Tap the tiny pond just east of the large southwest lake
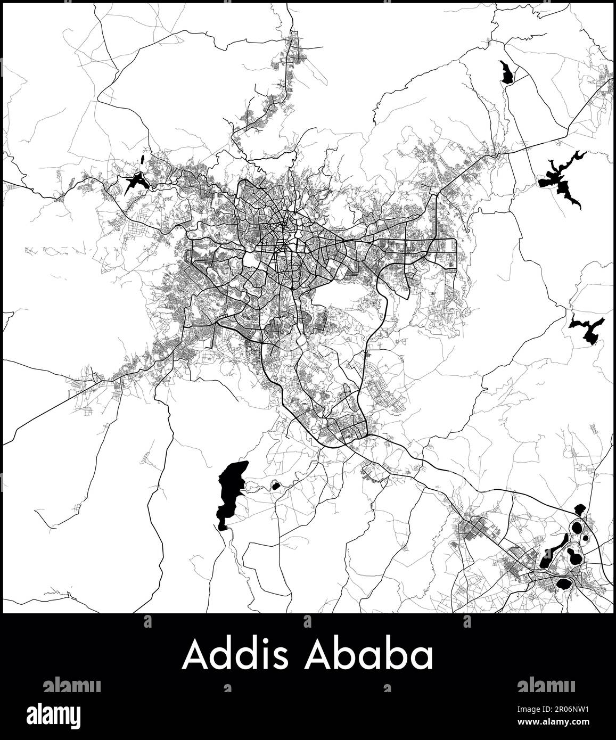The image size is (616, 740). [x=276, y=486]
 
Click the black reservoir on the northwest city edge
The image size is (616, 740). [x=135, y=181]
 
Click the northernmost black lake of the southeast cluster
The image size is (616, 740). [x=580, y=509]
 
